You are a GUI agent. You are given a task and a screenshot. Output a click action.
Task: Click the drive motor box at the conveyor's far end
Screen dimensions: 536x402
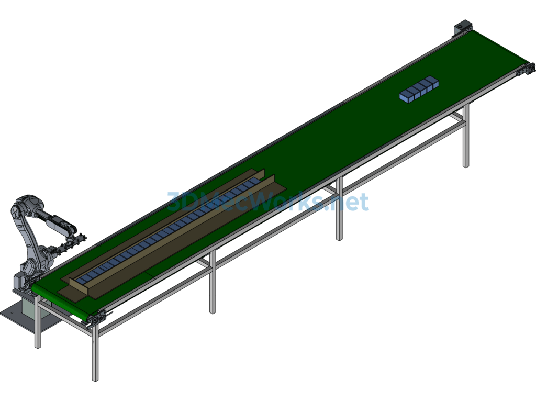click(463, 27)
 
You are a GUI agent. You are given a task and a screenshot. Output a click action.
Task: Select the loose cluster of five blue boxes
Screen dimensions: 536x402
click(419, 89)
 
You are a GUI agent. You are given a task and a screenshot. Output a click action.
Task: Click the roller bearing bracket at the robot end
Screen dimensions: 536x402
click(97, 318)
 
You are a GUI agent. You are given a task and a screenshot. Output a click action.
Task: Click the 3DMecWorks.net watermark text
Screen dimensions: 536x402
click(268, 202)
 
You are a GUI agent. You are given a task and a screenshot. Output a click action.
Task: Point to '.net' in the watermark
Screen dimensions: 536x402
click(348, 202)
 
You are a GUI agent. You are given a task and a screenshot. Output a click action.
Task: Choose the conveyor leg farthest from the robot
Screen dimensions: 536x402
click(465, 136)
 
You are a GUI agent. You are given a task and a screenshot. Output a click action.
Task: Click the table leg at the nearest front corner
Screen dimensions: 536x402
click(95, 352)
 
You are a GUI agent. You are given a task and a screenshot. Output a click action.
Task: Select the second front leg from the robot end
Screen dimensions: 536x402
click(213, 282)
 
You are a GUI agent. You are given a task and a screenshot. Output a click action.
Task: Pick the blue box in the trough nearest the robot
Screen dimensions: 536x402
click(82, 280)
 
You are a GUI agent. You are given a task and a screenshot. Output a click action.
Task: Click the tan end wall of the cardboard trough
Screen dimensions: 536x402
click(80, 287)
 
